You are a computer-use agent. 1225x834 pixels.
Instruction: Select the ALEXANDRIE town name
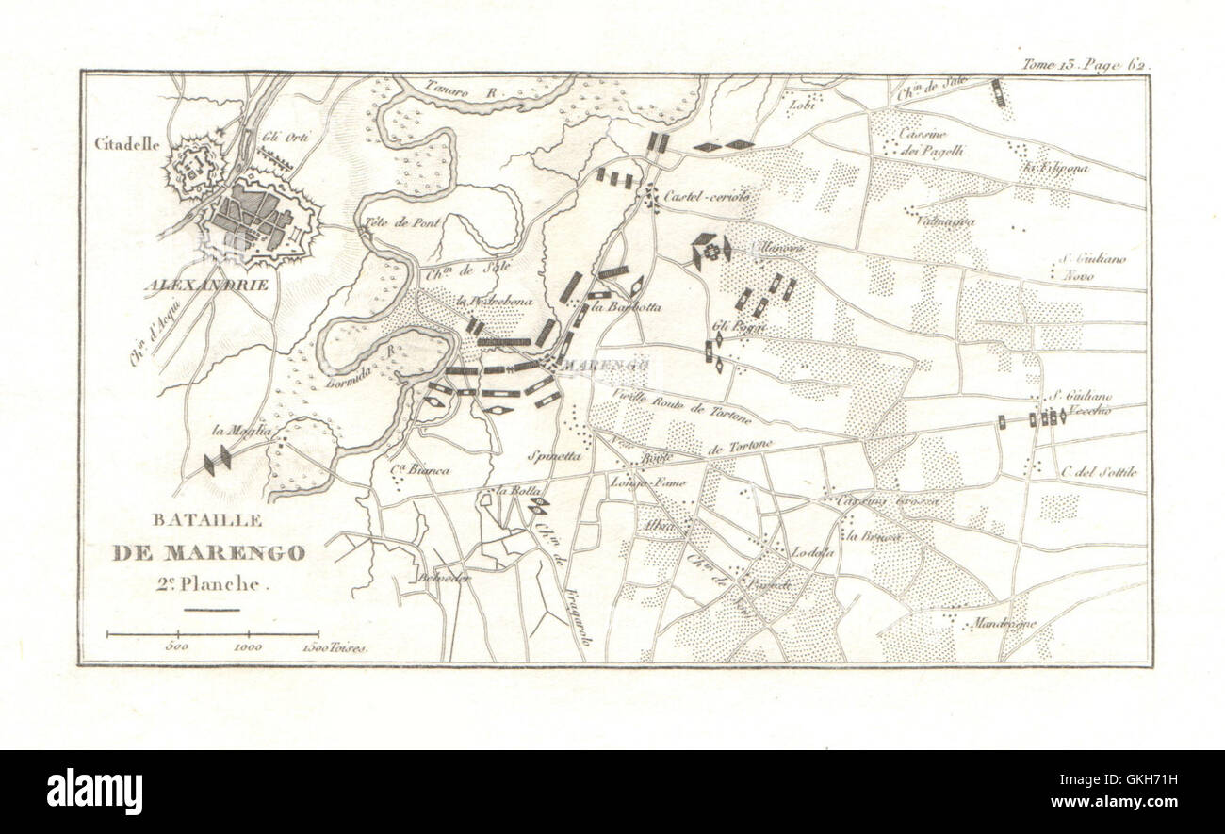(206, 284)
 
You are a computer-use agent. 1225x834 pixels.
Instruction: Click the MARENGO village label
(593, 364)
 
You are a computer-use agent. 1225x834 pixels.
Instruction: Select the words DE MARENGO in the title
(208, 553)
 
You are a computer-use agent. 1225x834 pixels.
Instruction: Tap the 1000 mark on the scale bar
(248, 648)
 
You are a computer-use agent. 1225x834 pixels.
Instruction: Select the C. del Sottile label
(1099, 471)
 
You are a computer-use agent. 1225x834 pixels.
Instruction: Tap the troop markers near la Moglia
(218, 460)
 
